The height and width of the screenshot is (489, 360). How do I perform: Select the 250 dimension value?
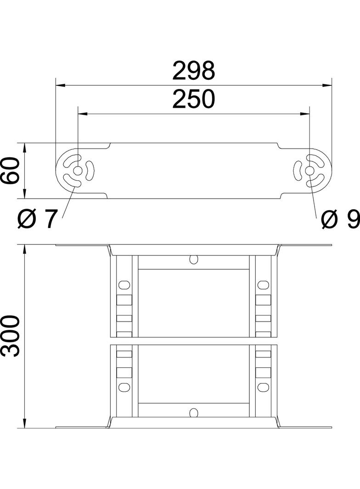(193, 100)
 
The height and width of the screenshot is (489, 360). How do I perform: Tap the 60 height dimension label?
(10, 171)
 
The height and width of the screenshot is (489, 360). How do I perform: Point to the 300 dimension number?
(10, 336)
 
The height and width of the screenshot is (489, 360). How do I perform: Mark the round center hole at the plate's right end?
(309, 171)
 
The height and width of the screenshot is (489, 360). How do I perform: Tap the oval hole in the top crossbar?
(194, 260)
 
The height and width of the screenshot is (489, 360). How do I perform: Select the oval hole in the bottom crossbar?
(194, 412)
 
